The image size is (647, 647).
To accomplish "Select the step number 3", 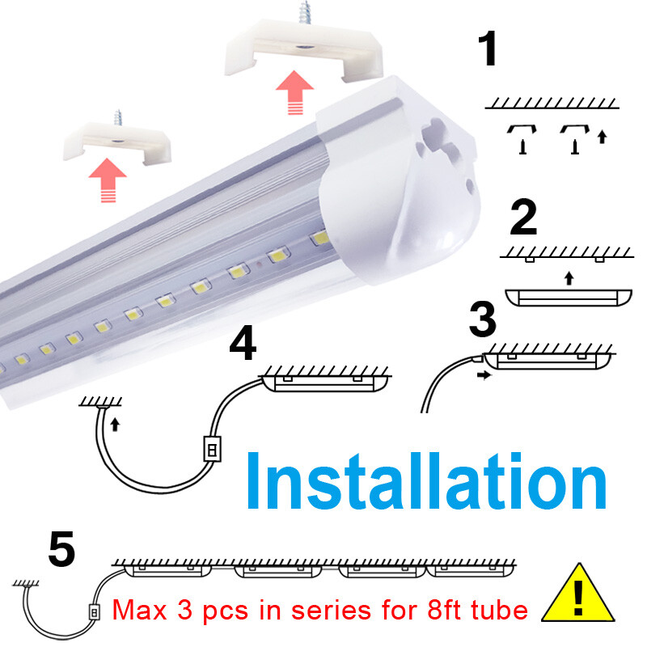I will tap(482, 319).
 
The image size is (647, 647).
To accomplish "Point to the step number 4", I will tap(243, 345).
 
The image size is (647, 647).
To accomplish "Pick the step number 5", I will tap(61, 549).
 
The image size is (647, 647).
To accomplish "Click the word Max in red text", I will tap(140, 608).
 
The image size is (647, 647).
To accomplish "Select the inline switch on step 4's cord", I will tap(209, 449).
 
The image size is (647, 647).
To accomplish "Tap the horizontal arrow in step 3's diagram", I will tap(483, 374).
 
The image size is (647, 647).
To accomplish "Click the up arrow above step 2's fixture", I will tap(569, 277).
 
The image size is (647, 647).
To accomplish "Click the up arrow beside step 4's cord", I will tap(114, 423).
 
